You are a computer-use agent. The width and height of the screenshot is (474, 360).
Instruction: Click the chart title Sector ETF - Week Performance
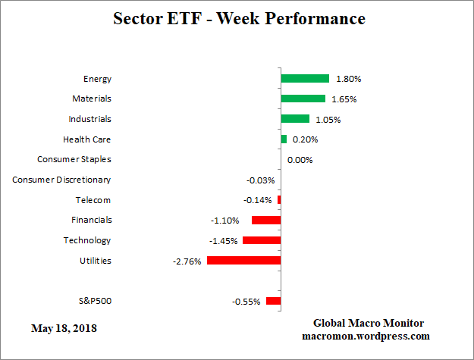(x=238, y=18)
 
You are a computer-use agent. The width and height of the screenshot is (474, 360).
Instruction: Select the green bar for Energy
(x=305, y=79)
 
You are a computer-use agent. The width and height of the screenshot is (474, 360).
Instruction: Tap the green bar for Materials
(x=303, y=99)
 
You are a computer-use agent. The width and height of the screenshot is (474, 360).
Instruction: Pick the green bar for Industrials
(x=295, y=119)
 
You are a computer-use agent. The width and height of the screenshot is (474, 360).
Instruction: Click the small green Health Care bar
(x=284, y=139)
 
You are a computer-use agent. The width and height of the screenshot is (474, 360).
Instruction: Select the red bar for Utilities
(x=243, y=261)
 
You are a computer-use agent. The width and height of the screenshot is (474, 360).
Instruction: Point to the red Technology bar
(x=262, y=240)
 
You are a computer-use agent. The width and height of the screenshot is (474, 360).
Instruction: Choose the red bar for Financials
(x=266, y=221)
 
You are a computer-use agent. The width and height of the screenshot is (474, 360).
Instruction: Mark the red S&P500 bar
(x=273, y=301)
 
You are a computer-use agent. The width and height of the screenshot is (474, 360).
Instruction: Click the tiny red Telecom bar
(x=279, y=200)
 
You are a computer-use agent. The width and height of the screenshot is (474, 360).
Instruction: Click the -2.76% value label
(x=187, y=261)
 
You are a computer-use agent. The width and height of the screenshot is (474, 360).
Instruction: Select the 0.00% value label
(x=300, y=160)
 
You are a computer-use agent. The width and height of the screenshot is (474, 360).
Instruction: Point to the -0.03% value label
(x=261, y=180)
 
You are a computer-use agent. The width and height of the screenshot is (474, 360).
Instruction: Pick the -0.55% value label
(x=246, y=302)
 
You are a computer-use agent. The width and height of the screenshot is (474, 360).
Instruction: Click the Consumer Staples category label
(x=74, y=160)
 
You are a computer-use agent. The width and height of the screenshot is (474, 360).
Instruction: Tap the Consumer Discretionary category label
(x=61, y=180)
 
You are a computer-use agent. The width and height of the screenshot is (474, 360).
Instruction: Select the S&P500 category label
(x=95, y=301)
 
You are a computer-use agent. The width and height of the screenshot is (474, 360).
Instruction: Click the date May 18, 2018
(x=64, y=329)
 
